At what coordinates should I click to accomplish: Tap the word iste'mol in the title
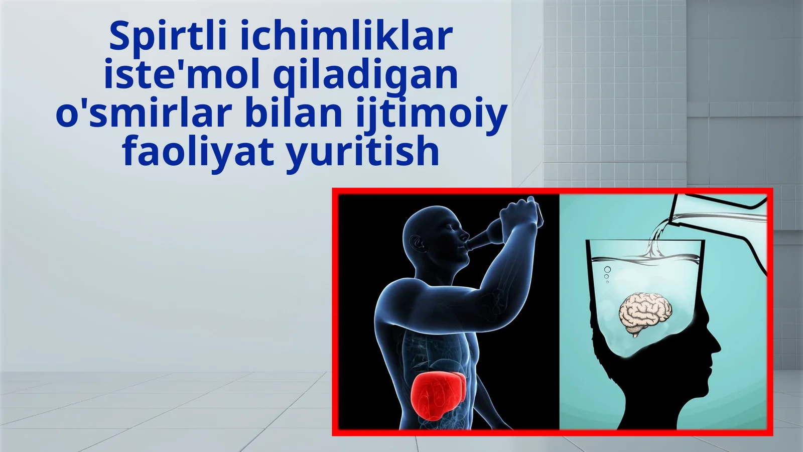[182, 75]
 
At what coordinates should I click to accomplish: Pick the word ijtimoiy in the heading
[432, 114]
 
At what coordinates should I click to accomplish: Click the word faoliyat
[199, 152]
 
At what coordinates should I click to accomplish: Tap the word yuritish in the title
[363, 152]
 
